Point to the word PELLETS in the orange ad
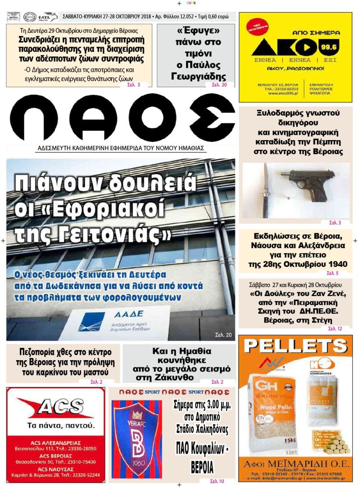pyautogui.click(x=295, y=346)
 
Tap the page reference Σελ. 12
pyautogui.click(x=335, y=328)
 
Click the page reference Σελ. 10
pyautogui.click(x=216, y=481)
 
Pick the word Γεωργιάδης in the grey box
pyautogui.click(x=199, y=76)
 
